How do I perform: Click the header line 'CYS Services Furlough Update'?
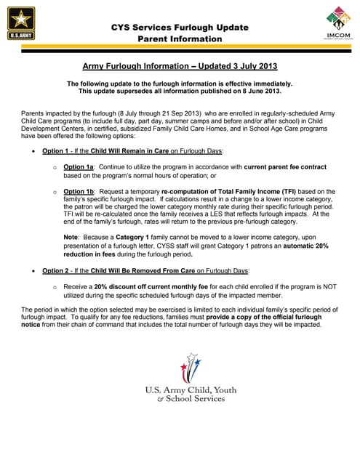tap(180, 27)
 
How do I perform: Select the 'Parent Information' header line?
tap(180, 39)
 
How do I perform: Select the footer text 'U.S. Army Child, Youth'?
tap(191, 391)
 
